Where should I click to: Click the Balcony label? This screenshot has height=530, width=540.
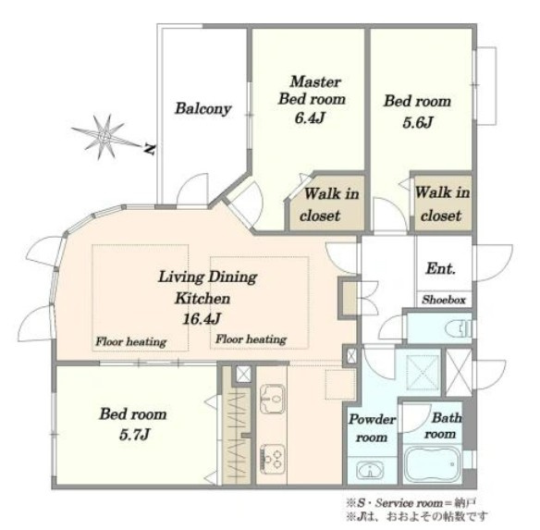click(x=203, y=108)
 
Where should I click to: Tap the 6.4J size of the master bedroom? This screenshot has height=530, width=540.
click(x=310, y=117)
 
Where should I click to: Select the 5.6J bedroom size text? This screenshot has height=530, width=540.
click(x=417, y=122)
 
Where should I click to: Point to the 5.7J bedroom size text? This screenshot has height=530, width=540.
click(x=135, y=435)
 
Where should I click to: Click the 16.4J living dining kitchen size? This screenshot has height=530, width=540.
click(x=202, y=319)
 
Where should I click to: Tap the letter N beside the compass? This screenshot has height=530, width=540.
click(x=150, y=149)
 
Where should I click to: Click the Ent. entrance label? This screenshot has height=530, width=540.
click(x=441, y=268)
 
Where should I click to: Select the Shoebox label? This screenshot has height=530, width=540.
click(x=444, y=300)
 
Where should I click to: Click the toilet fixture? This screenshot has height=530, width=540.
click(x=458, y=328)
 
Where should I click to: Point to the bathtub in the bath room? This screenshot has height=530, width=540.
click(x=432, y=464)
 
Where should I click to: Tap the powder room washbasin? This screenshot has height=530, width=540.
click(x=370, y=470)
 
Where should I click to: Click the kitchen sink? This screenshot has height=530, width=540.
click(x=273, y=399)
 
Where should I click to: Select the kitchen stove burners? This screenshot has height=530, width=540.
click(x=273, y=460)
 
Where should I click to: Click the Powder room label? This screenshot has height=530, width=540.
click(x=372, y=428)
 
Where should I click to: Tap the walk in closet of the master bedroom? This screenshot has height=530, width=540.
click(x=325, y=203)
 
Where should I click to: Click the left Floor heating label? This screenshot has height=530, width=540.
click(x=131, y=341)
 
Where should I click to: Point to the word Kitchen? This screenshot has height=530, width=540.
click(x=202, y=298)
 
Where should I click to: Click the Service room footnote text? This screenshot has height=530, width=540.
click(x=411, y=503)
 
